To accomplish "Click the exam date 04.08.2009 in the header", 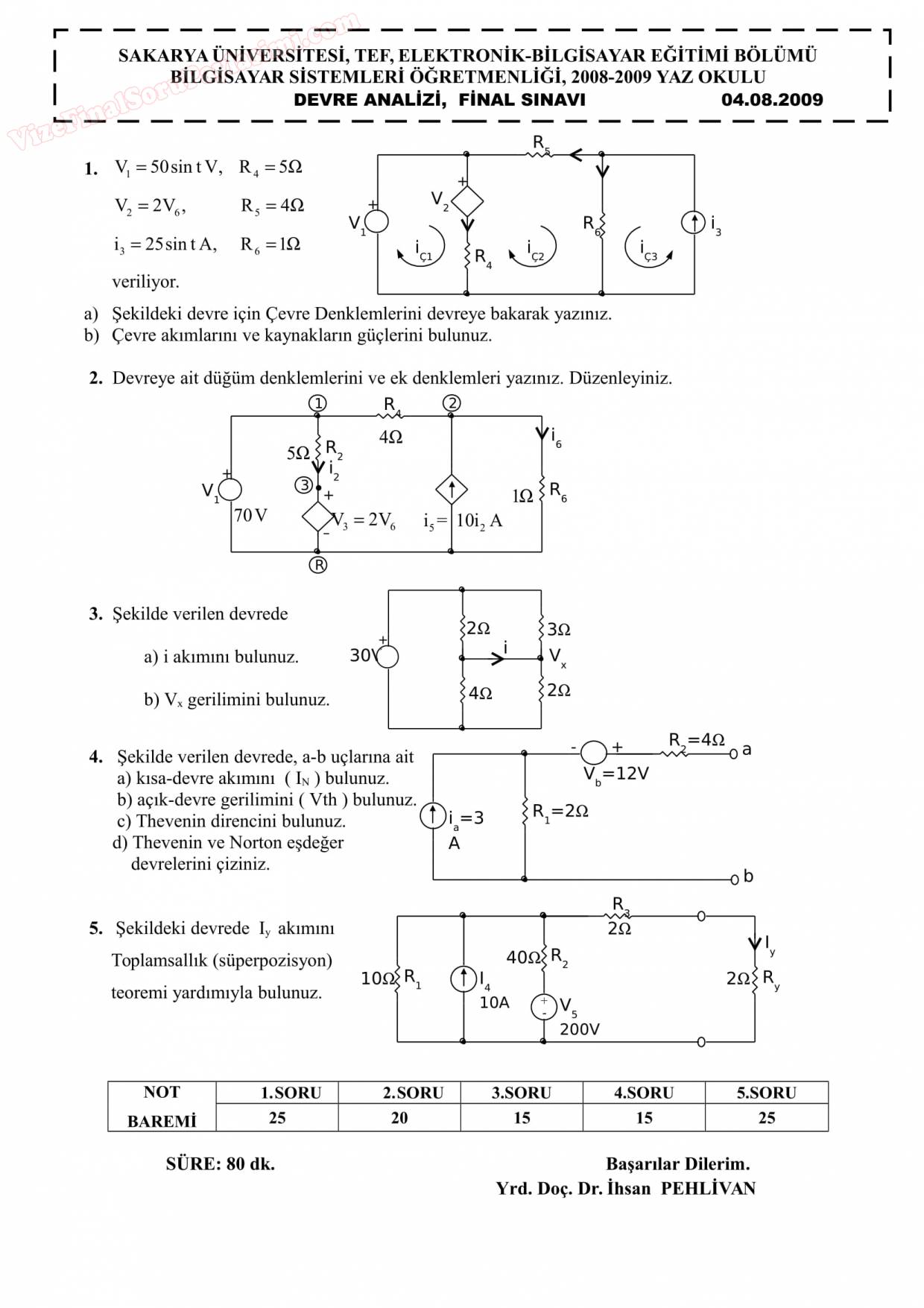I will pos(772,100).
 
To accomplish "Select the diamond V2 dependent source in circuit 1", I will pos(467,200).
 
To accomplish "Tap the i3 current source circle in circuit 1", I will pos(694,222).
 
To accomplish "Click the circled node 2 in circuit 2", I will pos(452,403).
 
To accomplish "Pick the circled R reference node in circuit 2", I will pos(318,565).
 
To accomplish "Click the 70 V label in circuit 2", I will pos(250,515).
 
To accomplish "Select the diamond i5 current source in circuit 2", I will pos(452,490).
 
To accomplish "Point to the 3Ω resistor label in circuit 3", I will pos(558,629).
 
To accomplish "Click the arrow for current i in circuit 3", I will pos(497,658).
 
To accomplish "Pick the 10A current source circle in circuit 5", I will pos(463,979).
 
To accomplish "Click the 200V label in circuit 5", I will pos(579,1029).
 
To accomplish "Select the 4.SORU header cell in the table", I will pos(644,1093).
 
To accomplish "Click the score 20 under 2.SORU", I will pos(399,1118).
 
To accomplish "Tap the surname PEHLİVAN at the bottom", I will pos(708,1188).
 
